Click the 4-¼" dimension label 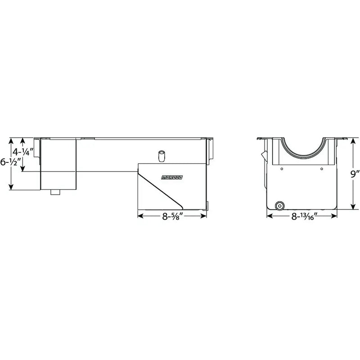click(x=23, y=152)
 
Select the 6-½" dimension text click(x=10, y=162)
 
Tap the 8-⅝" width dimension click(x=172, y=216)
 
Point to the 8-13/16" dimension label click(x=304, y=216)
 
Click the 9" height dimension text click(x=355, y=174)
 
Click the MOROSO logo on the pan click(x=172, y=177)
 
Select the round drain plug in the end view click(x=279, y=206)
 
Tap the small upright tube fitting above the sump click(x=162, y=157)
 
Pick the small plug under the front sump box click(x=55, y=193)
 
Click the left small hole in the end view click(x=282, y=169)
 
